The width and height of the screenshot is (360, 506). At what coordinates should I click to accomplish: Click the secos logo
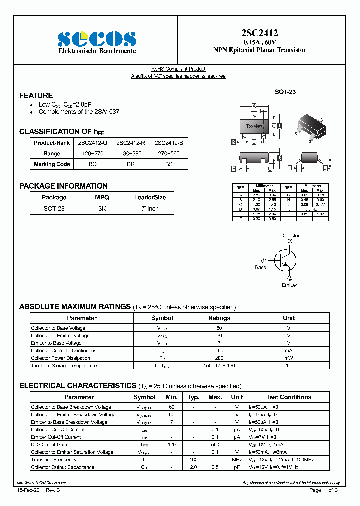tap(97, 38)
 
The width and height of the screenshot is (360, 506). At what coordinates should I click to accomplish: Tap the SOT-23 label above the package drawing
tap(285, 92)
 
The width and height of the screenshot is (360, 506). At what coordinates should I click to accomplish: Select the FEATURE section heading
tap(36, 95)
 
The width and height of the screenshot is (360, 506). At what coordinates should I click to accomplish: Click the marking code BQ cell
tap(93, 164)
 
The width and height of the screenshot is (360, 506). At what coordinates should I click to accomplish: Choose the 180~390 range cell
tap(131, 154)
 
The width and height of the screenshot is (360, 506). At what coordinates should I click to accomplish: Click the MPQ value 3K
tap(102, 209)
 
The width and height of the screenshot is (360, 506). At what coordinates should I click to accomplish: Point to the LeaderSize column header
tap(150, 197)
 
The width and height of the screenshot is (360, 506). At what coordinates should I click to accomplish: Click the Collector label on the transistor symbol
tap(290, 236)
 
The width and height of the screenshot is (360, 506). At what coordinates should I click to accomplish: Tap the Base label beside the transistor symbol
tap(261, 267)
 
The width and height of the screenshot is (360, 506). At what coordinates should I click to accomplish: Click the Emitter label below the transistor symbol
tap(289, 285)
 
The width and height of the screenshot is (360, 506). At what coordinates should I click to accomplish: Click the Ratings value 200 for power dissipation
tap(219, 358)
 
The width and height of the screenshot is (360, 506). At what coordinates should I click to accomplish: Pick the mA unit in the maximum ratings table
tap(289, 351)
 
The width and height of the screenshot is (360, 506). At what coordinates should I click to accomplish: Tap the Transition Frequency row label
tap(54, 460)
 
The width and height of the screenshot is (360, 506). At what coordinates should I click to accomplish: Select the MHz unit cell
tap(237, 460)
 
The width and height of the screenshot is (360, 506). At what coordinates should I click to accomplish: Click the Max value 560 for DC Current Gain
tap(215, 445)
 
